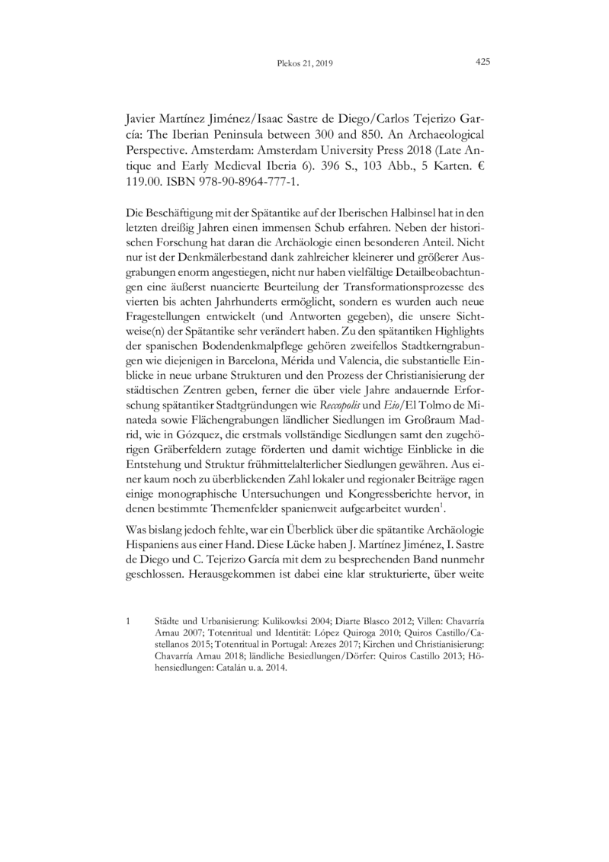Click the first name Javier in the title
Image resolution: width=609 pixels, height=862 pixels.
point(142,120)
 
